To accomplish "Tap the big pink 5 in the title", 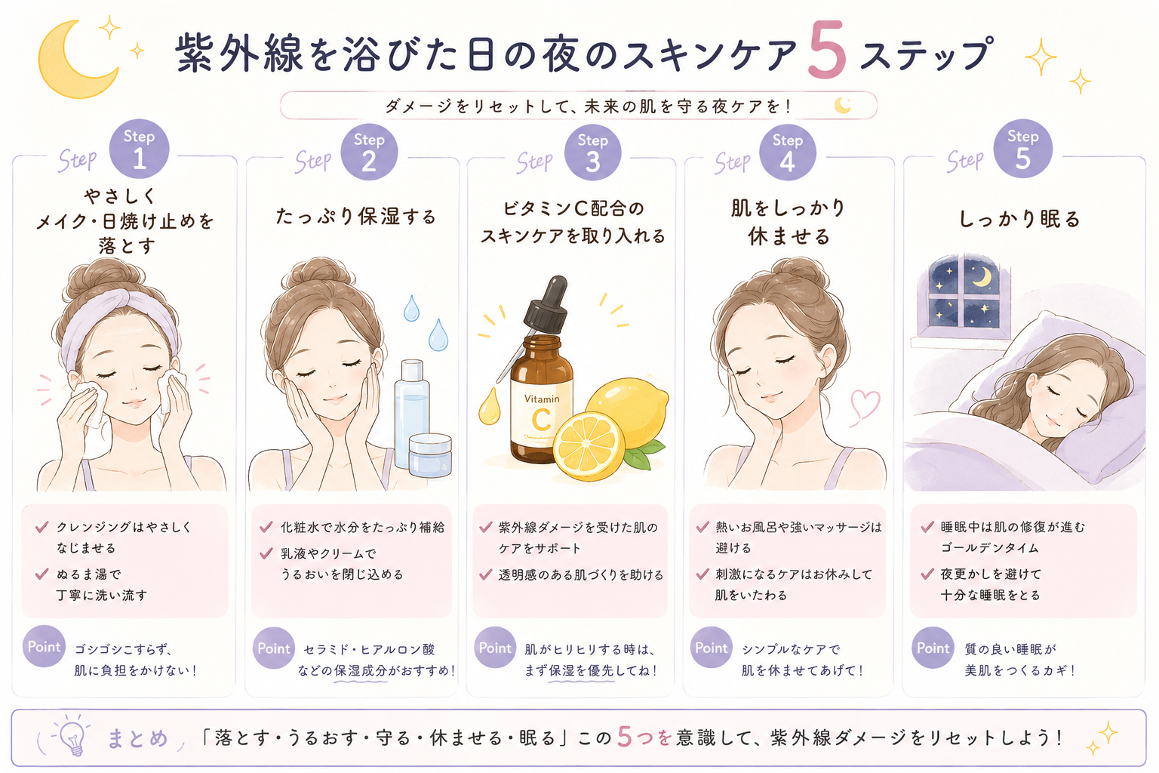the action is coord(828,50).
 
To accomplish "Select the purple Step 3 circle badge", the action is coord(592,152).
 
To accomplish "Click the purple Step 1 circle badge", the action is coord(139,149).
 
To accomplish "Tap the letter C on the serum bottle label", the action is coord(541,420).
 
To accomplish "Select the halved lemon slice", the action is coord(589,446).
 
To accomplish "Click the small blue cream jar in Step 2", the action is coord(430,456).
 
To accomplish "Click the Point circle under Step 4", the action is coord(711,648).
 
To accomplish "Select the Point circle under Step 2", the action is coord(274,648).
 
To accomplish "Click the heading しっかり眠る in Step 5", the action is coord(1020,219).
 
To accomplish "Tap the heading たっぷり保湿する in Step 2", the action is coord(356,217).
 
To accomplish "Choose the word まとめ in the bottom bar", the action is coord(137,738).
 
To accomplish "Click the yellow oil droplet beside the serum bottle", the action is coord(489,406).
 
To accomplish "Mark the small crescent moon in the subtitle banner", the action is coord(842,106).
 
